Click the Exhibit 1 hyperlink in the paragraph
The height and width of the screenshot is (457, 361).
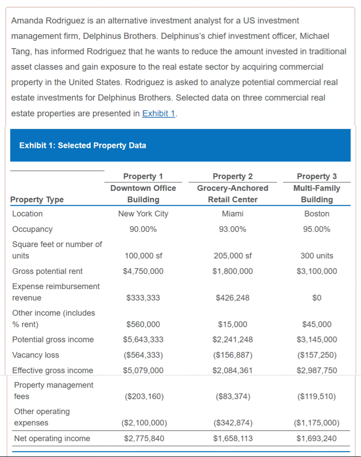coord(158,113)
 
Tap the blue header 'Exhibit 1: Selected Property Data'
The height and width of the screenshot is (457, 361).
coord(83,145)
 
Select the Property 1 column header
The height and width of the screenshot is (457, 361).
coord(143,176)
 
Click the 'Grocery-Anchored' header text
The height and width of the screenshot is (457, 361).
coord(232,188)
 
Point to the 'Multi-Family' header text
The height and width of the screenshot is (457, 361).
coord(316,188)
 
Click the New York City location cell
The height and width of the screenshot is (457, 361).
coord(143,214)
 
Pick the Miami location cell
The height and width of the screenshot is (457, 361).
coord(232,214)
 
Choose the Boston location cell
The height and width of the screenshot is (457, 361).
coord(316,214)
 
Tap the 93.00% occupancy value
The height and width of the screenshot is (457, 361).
coord(232,229)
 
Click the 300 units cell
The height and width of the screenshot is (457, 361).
coord(316,256)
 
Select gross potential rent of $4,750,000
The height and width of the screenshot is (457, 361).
coord(143,271)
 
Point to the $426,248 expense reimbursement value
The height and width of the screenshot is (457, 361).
coord(232,298)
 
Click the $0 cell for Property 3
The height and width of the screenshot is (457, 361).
coord(316,298)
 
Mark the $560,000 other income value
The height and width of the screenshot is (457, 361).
coord(143,324)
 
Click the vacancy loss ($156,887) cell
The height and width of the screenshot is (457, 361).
coord(232,355)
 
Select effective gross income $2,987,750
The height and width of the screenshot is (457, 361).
coord(316,370)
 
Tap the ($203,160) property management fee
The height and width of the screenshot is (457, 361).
coord(143,396)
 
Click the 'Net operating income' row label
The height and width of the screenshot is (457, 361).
coord(52,439)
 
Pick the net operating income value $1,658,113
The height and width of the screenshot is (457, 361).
coord(232,439)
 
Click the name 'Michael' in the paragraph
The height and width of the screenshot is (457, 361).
coord(315,36)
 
